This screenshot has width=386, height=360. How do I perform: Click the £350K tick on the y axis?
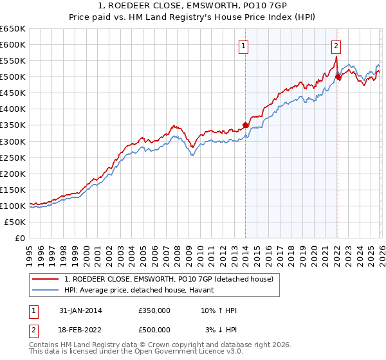13,125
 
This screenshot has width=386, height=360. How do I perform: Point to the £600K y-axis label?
13,45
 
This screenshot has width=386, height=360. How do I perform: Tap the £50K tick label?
15,222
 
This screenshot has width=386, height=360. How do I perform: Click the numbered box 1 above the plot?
244,46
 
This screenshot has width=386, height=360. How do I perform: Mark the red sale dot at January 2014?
245,125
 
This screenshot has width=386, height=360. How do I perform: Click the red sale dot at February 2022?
338,77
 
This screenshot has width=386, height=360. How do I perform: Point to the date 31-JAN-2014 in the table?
80,310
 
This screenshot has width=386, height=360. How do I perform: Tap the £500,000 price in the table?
154,330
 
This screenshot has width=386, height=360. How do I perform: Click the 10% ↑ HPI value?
219,310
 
